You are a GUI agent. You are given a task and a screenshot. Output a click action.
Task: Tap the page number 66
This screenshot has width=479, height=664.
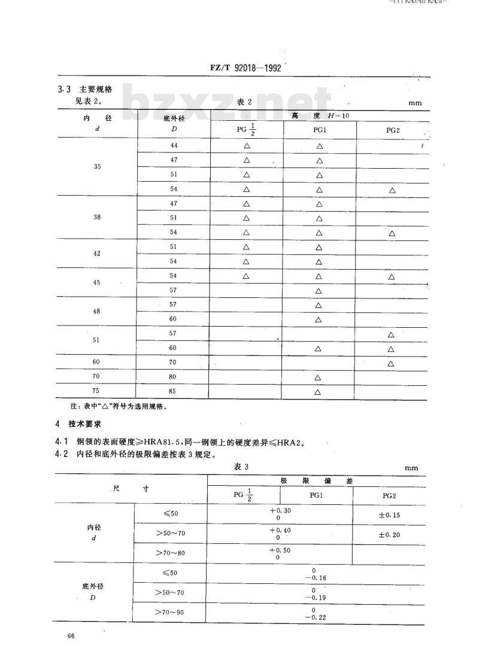[71, 636]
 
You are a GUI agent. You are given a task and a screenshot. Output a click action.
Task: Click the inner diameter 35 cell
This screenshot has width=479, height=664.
[98, 167]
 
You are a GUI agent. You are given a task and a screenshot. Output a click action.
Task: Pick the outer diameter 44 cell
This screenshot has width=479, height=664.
[174, 145]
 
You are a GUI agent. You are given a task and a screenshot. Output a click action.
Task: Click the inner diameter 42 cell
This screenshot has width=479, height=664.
[98, 254]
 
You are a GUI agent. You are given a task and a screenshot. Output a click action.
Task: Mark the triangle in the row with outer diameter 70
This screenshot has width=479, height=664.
[391, 363]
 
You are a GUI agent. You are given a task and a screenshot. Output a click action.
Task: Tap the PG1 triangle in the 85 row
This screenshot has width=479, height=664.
[318, 392]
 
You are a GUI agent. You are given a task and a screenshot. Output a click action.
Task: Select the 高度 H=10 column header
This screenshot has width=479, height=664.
[319, 114]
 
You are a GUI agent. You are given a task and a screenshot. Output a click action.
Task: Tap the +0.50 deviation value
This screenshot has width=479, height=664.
[280, 550]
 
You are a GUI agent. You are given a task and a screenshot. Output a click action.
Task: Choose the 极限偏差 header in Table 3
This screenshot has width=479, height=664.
[316, 481]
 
